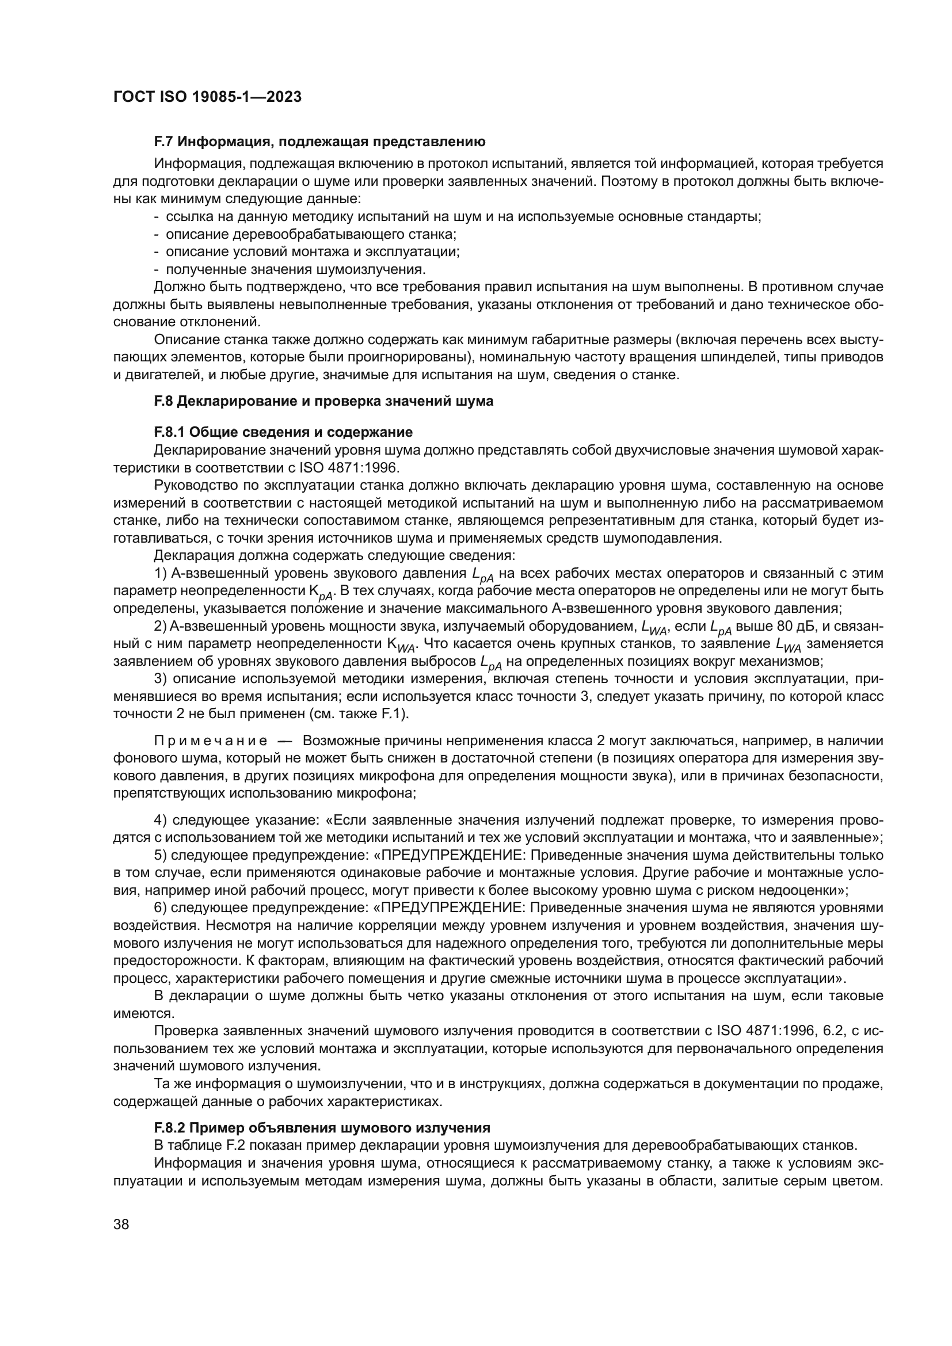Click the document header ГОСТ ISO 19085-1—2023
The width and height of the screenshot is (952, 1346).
[207, 97]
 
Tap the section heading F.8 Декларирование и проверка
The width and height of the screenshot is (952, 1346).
[323, 401]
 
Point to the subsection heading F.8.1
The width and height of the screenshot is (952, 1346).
[283, 432]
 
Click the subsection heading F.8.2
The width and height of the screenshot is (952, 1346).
[322, 1127]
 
